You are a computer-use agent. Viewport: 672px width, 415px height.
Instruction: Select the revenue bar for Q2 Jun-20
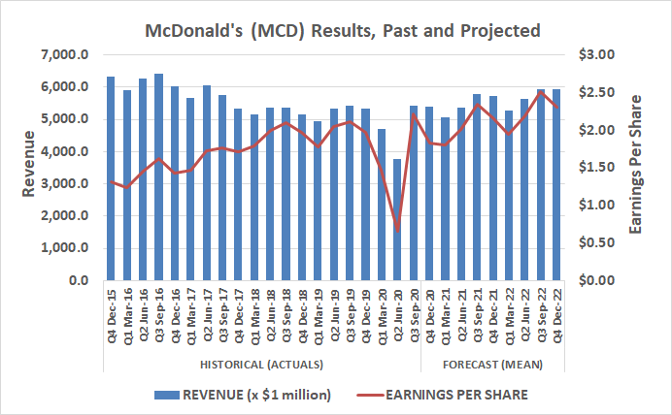click(396, 219)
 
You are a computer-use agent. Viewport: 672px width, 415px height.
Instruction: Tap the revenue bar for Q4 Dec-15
click(111, 178)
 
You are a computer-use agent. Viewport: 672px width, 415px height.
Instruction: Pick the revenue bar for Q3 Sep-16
click(158, 177)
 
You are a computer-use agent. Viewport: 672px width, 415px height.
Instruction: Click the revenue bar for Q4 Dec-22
click(556, 184)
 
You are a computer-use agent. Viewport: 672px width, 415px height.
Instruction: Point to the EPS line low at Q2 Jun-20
click(396, 231)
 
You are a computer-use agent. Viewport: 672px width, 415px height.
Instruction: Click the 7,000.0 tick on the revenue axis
click(64, 55)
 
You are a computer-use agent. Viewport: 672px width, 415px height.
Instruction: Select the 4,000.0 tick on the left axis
click(64, 152)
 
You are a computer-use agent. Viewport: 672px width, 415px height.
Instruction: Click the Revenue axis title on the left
click(28, 168)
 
